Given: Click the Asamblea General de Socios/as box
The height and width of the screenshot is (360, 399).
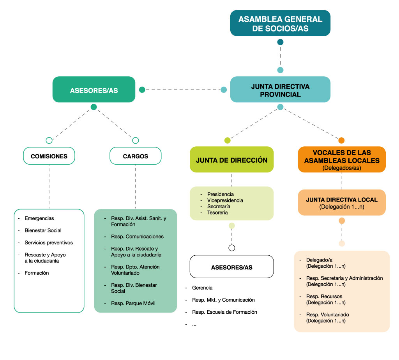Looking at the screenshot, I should coord(280,23).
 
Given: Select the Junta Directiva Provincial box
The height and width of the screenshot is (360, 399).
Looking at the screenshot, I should coord(280,90).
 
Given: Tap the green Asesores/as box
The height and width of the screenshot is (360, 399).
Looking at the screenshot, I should coord(94,90).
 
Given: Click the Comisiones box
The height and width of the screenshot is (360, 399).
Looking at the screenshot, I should coord(49,156).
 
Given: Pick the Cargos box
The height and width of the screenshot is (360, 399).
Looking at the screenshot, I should coord(136,156).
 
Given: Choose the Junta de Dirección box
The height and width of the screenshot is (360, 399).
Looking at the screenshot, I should coord(231,160).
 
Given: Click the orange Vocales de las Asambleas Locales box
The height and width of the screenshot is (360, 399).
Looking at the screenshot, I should coord(342,160).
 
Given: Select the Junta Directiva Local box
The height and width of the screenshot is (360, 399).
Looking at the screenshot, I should coord(342,202).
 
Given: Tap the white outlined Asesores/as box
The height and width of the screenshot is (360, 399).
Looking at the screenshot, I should coord(231,267).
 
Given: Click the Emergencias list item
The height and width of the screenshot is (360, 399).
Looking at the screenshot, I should coord(39,218).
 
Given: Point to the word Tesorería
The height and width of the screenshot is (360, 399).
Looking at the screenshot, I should coord(217,212).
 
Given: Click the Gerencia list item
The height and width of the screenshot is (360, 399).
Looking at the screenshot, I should coord(202,288).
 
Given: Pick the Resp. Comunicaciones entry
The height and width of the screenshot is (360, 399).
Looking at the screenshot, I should coord(137,237).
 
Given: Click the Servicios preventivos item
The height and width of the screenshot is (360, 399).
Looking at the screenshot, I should coord(49,242).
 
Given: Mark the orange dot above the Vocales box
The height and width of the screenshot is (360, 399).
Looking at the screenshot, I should coord(341,140).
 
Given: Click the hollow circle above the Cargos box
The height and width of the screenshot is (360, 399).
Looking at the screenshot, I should coord(136,140).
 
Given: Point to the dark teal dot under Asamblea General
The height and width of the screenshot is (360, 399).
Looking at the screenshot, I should coord(280,42).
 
